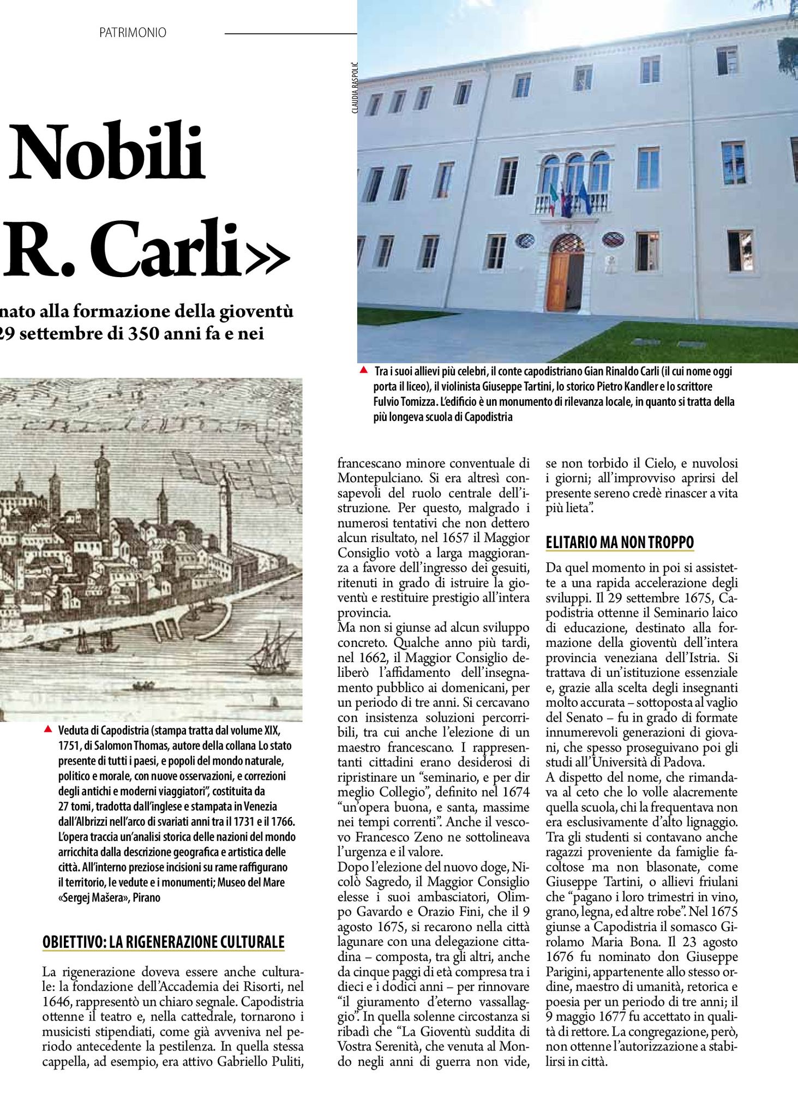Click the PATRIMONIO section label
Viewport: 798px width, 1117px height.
click(x=133, y=33)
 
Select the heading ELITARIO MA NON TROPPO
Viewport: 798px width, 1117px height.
click(x=620, y=543)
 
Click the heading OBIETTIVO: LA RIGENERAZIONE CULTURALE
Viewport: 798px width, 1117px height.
click(x=164, y=942)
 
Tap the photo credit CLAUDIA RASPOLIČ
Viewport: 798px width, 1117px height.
click(x=355, y=87)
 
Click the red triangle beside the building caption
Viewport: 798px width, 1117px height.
click(x=363, y=370)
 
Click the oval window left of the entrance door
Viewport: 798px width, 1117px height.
click(x=525, y=241)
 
